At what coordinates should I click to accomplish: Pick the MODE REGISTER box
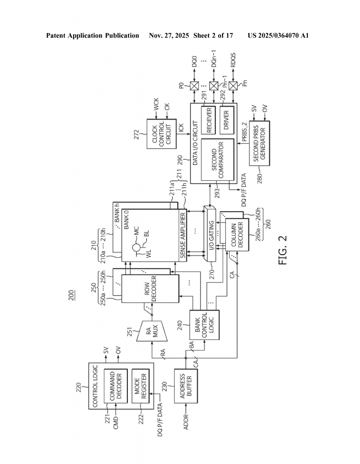coord(141,386)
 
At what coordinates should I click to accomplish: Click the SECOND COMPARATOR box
coord(217,161)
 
